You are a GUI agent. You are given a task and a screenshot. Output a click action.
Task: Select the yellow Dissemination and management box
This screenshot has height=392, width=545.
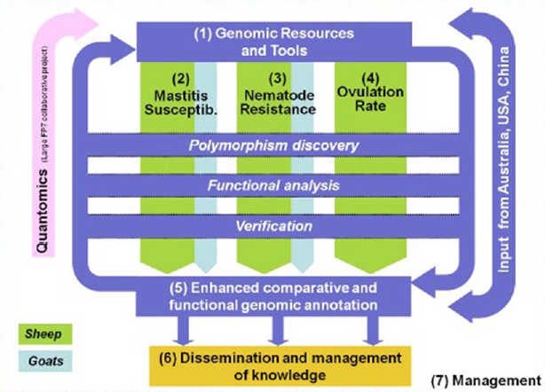(x=273, y=363)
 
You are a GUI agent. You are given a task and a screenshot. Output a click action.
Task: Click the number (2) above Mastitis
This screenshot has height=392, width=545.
(x=178, y=76)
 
